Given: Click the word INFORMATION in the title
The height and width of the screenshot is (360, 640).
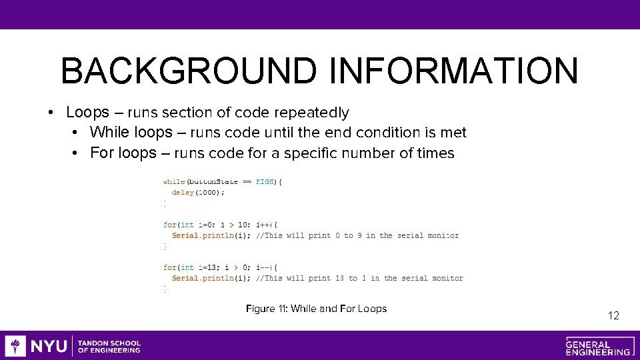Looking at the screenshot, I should (453, 71).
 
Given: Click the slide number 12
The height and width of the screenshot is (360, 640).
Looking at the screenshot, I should (613, 315).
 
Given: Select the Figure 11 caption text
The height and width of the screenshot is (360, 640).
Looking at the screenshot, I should (316, 309).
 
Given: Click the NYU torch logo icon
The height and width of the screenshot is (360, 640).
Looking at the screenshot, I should (16, 346).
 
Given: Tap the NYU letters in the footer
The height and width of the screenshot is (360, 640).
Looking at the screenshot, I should (49, 346).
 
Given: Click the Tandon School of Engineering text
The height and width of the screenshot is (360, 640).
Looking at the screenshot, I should (109, 346).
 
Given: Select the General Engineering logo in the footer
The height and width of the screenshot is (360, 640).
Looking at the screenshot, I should (598, 346).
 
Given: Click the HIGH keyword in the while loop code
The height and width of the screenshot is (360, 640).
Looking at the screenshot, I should (265, 182).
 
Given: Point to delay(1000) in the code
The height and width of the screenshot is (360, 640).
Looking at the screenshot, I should (198, 193).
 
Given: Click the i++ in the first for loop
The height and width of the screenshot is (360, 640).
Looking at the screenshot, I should (263, 225).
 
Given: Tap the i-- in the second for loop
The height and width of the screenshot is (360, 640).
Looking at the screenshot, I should (263, 267).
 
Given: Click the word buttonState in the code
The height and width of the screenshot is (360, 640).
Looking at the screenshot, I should (212, 182).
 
